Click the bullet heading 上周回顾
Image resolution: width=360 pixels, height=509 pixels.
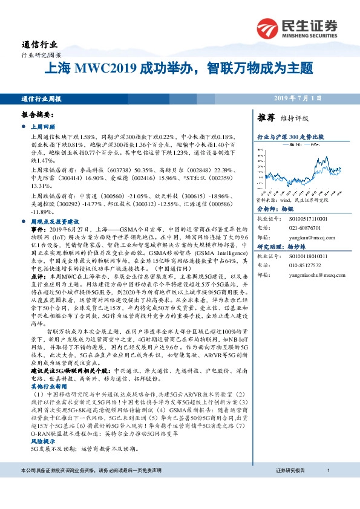[x=42, y=128]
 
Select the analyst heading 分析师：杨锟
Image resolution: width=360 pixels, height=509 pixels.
[x=279, y=208]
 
